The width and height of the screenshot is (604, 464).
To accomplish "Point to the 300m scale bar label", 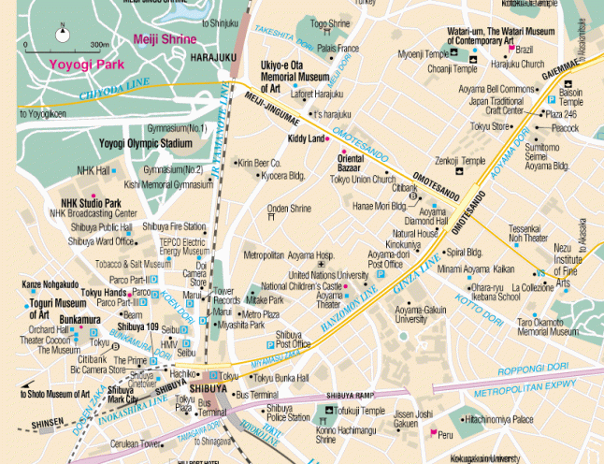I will coord(99,44).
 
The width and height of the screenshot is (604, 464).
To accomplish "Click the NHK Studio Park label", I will coord(91,202).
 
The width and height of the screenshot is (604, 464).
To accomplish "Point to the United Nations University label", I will coord(328,275).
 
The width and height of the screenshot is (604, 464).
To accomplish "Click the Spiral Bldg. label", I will coord(464,252).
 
